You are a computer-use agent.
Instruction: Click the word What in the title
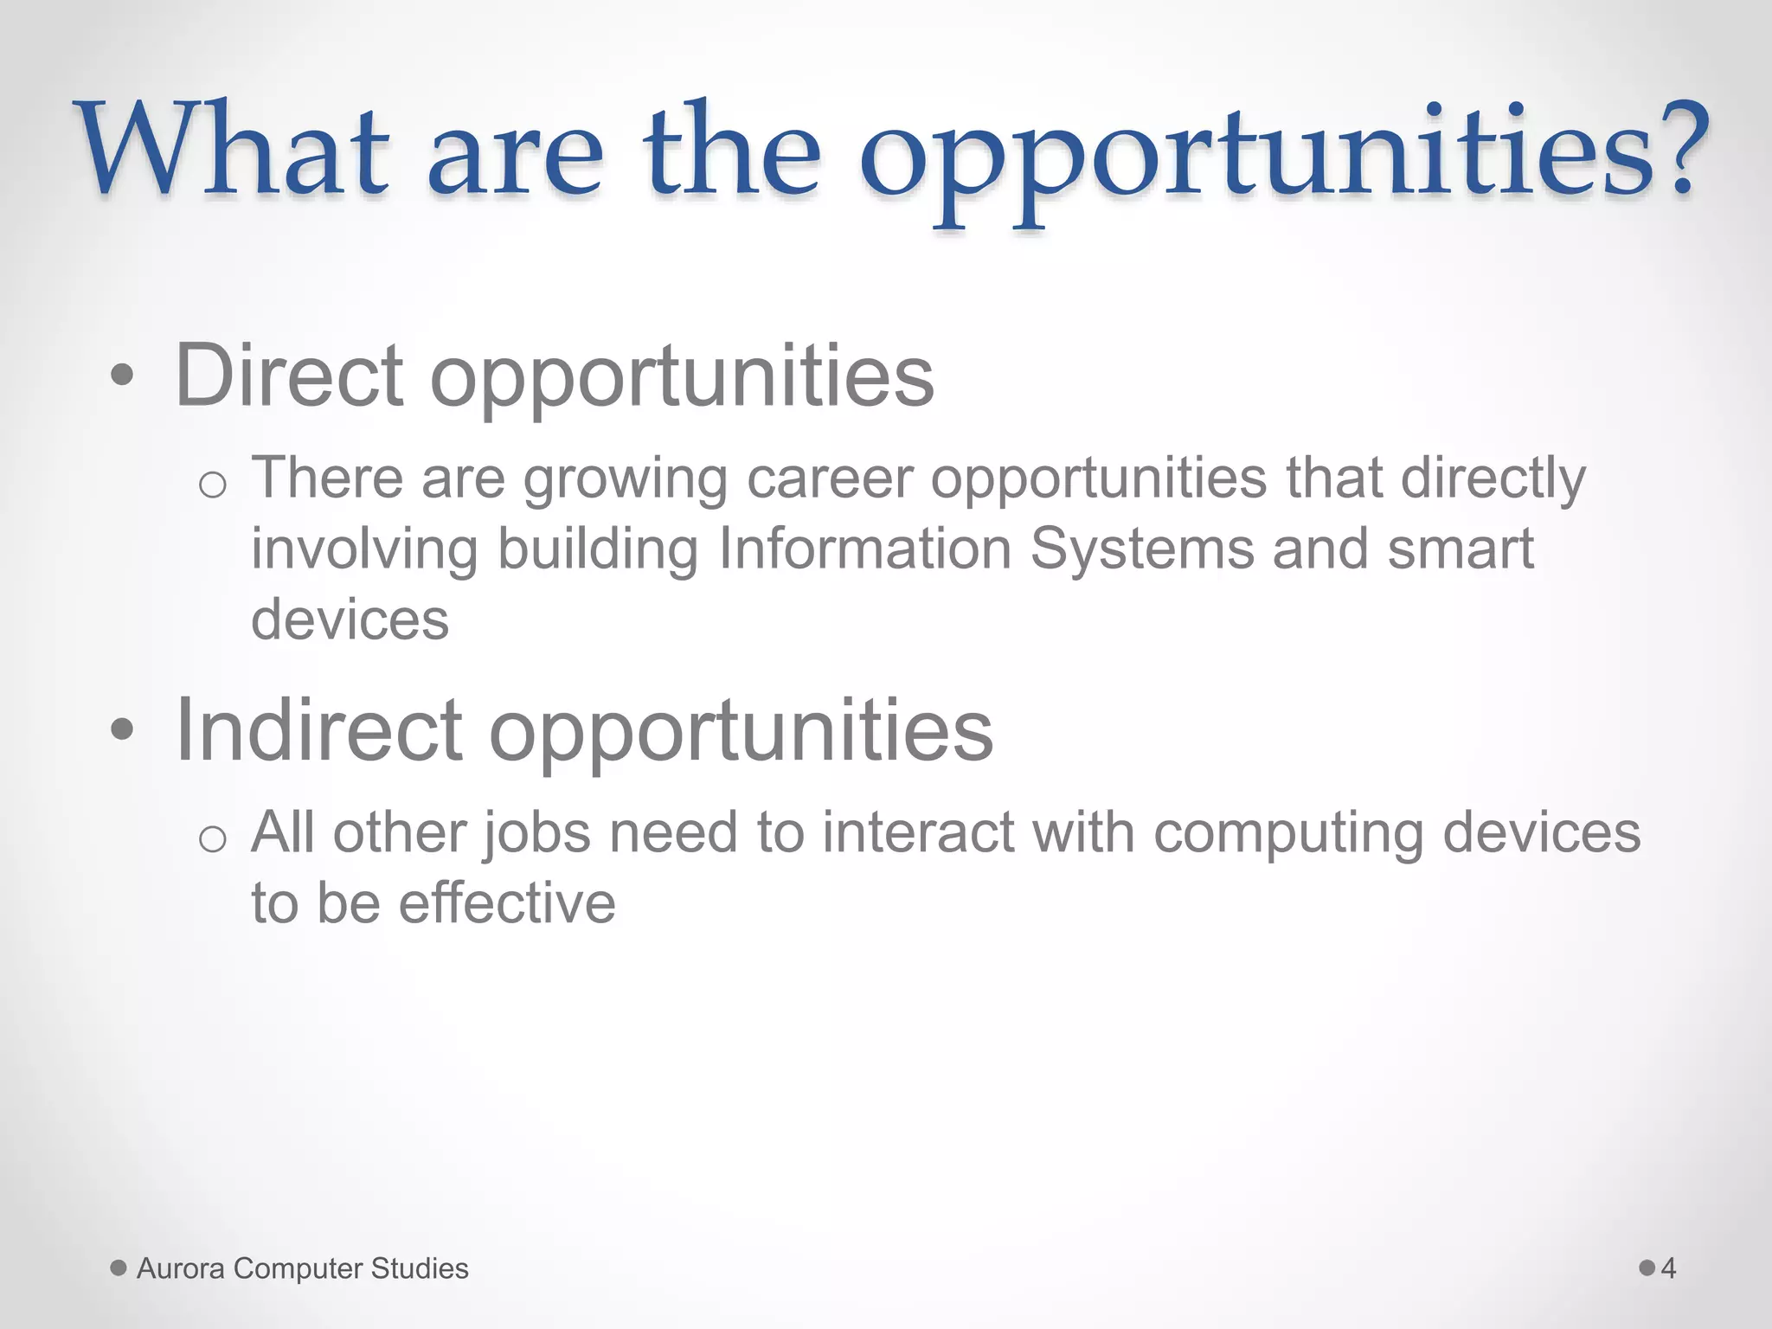click(234, 151)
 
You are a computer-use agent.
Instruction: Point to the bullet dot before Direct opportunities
click(123, 376)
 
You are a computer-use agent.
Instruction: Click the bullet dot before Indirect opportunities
click(123, 730)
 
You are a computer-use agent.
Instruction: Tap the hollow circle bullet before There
click(212, 485)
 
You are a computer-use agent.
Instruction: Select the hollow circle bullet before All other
click(212, 839)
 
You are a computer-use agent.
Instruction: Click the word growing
click(626, 480)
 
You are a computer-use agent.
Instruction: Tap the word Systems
click(1141, 551)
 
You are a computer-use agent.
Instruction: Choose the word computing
click(1288, 835)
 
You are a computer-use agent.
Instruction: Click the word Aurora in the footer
click(181, 1268)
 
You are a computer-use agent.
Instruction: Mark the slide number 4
click(1668, 1268)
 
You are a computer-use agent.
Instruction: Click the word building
click(598, 551)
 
